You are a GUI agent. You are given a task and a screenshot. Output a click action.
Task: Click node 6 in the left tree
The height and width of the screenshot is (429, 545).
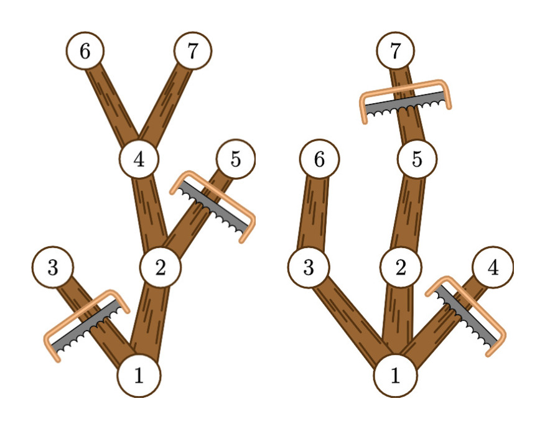point(85,51)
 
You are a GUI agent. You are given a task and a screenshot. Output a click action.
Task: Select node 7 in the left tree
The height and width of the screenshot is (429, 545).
point(193,51)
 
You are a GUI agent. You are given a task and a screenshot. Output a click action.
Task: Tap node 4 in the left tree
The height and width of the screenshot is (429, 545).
point(139,159)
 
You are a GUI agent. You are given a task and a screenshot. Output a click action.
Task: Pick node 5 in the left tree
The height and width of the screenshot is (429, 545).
point(236,159)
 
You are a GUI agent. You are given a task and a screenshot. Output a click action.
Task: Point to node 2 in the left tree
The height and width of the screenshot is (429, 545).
point(161,267)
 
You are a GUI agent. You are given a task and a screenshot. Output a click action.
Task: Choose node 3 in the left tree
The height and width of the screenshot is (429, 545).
point(53,267)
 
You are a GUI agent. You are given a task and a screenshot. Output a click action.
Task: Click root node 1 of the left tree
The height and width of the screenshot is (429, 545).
point(139,376)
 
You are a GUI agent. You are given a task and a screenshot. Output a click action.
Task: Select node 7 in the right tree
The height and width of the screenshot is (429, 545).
point(396,51)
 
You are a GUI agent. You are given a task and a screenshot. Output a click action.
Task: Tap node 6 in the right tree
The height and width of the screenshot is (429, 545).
point(319,159)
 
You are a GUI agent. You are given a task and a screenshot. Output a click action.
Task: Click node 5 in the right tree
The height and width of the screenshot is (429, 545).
point(417,159)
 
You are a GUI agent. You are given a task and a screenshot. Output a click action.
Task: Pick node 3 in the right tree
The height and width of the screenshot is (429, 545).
point(309,267)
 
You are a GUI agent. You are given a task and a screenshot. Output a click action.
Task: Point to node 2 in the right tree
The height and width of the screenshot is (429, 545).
point(401,267)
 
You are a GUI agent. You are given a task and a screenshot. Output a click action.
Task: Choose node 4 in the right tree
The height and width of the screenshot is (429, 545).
point(493,267)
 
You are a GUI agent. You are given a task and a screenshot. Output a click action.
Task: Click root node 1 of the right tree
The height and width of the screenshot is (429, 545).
point(396,376)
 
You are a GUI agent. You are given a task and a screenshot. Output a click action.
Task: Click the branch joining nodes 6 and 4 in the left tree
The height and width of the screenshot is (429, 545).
point(112,104)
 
